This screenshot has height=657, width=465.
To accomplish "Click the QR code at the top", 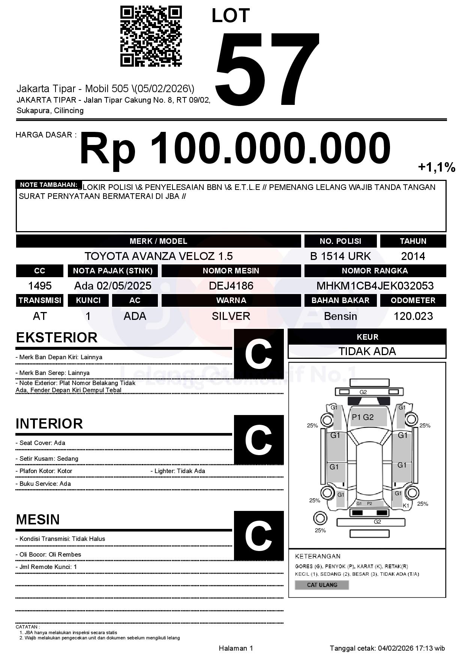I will (151, 36).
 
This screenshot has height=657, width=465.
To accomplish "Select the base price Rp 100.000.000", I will (235, 148).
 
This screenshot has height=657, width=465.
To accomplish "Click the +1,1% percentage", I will (436, 167).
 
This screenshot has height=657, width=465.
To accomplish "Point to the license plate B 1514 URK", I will (340, 256).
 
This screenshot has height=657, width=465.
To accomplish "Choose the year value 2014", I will (413, 256).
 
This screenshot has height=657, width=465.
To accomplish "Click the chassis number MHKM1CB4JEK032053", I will (375, 286).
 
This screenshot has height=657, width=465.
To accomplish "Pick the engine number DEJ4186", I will (231, 286).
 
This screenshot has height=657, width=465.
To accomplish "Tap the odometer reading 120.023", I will (413, 316).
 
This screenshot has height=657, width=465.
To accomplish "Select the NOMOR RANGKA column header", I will (375, 271).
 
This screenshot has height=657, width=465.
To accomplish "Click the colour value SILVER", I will (231, 316).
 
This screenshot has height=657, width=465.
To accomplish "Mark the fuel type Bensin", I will (340, 316).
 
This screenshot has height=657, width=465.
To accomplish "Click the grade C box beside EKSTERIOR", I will (258, 354).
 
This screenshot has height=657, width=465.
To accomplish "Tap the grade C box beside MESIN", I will (258, 536).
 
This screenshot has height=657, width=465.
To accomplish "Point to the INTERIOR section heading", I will (49, 424).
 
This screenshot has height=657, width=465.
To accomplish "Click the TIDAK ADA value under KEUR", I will (367, 351).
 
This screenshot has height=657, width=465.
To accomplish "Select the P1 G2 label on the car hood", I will (363, 417).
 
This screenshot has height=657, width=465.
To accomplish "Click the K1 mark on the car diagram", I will (406, 506).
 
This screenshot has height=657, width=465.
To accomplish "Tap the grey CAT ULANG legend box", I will (322, 585).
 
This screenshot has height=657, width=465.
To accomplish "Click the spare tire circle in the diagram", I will (320, 519).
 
